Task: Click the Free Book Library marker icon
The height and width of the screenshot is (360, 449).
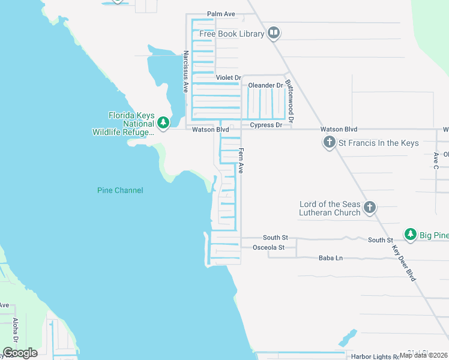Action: [x=274, y=33]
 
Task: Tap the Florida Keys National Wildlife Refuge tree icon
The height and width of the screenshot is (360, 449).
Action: [x=163, y=123]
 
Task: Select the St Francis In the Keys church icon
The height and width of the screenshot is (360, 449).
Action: [x=329, y=143]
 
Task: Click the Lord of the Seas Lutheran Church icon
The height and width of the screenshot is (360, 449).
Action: [x=370, y=208]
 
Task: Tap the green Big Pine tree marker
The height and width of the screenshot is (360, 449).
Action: [x=410, y=234]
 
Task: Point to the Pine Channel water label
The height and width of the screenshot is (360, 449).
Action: [x=120, y=190]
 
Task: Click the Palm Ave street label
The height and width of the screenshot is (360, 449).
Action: [x=221, y=13]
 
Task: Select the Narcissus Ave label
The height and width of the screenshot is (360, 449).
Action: [x=186, y=71]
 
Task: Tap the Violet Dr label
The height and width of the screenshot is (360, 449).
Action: [x=228, y=78]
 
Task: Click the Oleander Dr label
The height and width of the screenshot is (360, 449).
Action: [x=265, y=85]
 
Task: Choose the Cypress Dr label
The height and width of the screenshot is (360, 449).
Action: [x=266, y=125]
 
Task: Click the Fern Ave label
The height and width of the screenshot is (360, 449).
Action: [x=241, y=161]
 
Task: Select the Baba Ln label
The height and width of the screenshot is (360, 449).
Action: [x=330, y=258]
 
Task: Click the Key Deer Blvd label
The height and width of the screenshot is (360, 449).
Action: [x=404, y=263]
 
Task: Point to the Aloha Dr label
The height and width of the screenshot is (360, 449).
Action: [x=16, y=329]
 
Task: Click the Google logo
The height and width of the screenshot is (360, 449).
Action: [x=20, y=353]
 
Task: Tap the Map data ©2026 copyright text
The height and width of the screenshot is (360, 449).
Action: [x=423, y=355]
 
